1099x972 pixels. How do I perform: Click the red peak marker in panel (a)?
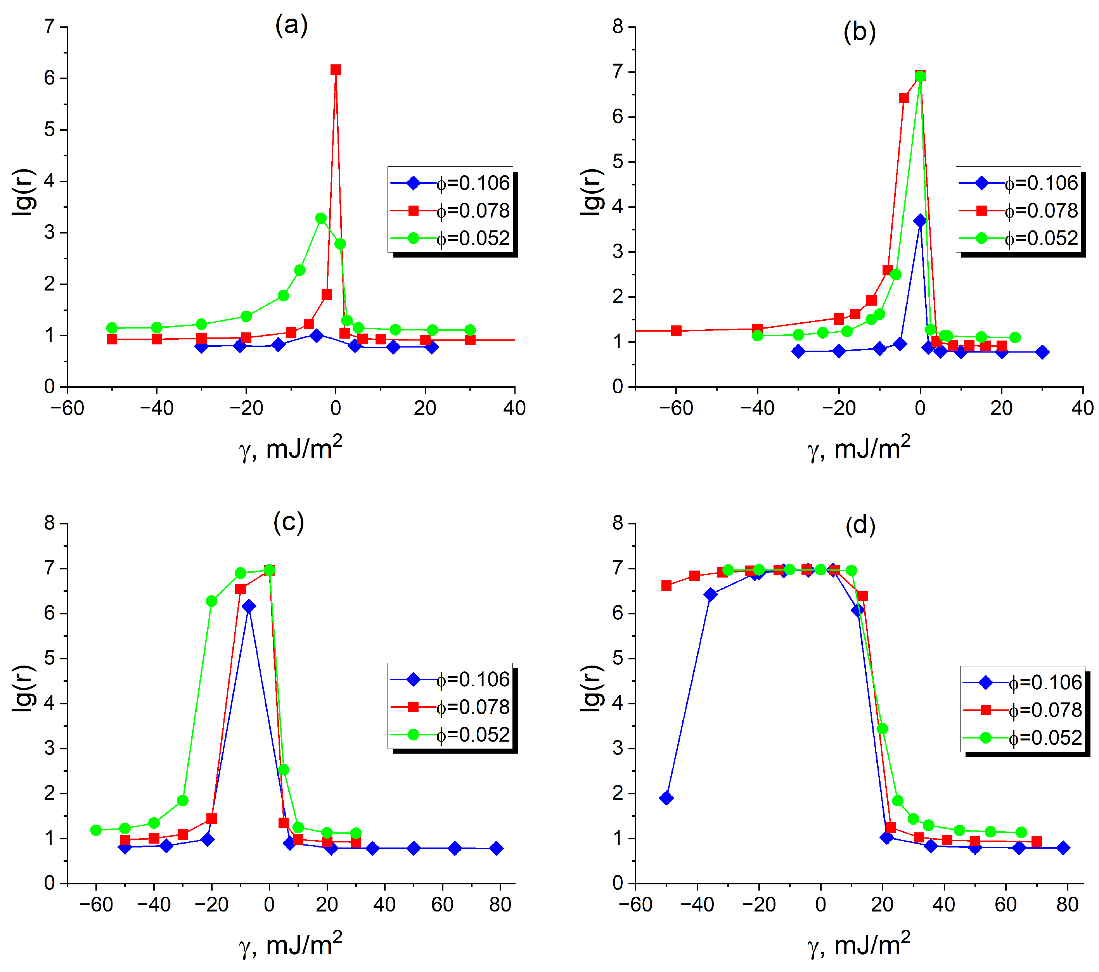coord(336,70)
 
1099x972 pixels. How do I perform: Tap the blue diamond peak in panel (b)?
coord(920,220)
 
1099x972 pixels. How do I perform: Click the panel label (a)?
coord(291,25)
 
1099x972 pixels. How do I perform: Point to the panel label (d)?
coord(860,525)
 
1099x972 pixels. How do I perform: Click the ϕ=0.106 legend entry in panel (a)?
coord(450,183)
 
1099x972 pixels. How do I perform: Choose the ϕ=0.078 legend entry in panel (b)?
coord(1018,211)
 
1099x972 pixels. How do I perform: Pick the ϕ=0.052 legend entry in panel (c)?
coord(450,734)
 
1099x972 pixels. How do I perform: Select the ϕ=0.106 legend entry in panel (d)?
coord(1023,683)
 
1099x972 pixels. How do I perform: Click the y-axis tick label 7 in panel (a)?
coord(50,26)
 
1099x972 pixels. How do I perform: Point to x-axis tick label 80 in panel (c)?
coord(500,905)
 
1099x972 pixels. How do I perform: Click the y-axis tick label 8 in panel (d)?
coord(618,523)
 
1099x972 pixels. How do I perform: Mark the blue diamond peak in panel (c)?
coord(248,606)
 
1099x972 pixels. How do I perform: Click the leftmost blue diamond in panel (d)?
coord(666,798)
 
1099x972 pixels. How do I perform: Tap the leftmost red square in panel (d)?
coord(666,585)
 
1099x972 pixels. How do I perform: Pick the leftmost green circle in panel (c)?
coord(96,830)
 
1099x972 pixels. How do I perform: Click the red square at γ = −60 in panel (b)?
coord(677,330)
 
